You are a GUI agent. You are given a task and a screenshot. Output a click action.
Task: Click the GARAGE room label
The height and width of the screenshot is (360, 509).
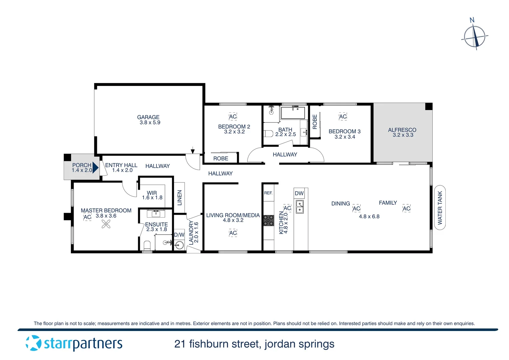click(148, 117)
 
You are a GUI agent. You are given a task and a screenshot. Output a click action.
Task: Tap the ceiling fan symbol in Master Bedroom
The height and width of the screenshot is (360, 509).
click(106, 225)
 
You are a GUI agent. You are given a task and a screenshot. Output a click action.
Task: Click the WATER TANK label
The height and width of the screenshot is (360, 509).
click(440, 208)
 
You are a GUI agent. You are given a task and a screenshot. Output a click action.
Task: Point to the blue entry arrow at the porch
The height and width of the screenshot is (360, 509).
click(95, 167)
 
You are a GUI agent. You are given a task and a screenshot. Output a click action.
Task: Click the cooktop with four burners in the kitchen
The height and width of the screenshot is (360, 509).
click(268, 220)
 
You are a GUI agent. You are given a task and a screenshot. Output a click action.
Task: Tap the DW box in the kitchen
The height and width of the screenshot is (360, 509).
click(299, 193)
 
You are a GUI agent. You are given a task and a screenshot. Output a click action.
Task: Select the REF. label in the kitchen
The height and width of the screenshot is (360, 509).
click(268, 193)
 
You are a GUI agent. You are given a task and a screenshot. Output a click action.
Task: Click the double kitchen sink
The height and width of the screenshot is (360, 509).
click(300, 207)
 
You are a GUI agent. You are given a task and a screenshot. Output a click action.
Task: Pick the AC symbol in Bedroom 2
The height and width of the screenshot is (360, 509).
click(233, 116)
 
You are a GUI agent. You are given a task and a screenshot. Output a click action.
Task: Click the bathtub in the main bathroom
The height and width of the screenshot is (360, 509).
click(293, 113)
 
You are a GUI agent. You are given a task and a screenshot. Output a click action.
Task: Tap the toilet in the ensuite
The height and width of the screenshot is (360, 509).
click(147, 245)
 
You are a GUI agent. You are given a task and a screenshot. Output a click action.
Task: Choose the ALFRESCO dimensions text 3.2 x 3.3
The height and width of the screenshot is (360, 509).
click(403, 135)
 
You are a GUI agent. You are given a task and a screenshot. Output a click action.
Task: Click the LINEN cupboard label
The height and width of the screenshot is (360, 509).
click(180, 198)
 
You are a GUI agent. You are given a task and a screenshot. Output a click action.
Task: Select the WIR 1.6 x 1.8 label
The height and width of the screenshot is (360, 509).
click(152, 195)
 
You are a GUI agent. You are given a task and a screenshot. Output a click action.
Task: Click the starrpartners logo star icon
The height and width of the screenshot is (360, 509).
click(33, 343)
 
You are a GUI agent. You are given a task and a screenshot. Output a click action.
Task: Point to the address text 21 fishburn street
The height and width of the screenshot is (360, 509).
click(217, 344)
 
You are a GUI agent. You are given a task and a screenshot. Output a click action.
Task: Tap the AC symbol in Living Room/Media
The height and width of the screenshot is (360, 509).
click(233, 233)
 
